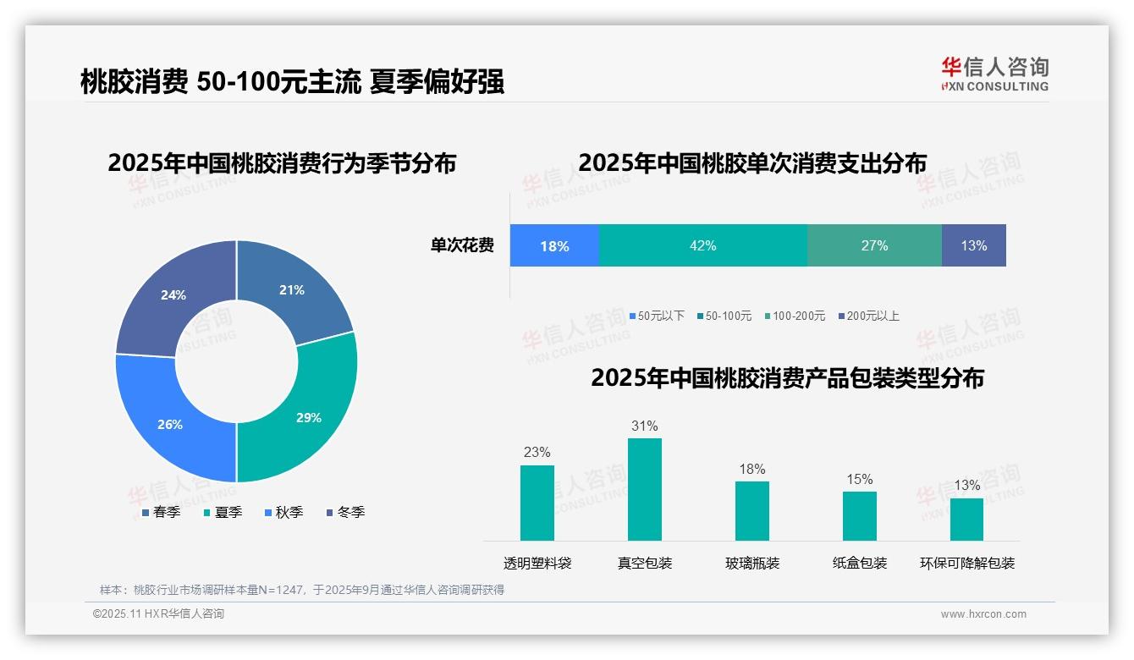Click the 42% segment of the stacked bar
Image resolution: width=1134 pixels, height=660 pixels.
(702, 245)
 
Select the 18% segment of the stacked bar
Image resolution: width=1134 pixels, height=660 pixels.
(554, 246)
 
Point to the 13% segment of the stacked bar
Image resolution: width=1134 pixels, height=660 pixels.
(973, 245)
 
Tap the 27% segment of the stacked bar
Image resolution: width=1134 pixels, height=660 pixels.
(874, 245)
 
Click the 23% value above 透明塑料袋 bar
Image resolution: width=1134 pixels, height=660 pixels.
(537, 452)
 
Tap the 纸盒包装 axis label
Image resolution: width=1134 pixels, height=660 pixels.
(859, 563)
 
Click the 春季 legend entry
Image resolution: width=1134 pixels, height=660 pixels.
(161, 512)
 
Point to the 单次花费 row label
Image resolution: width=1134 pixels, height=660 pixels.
(462, 245)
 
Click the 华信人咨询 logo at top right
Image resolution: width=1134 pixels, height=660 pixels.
(994, 74)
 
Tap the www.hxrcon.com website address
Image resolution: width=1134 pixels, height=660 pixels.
(983, 613)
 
